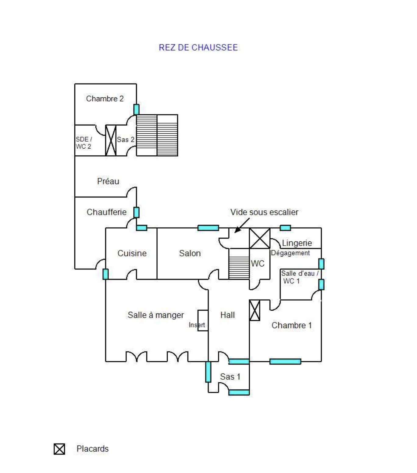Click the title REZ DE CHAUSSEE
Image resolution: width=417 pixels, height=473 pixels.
point(198,48)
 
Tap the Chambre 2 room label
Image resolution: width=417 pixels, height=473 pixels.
point(105,99)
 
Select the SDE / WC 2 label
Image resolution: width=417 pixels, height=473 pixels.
point(84,143)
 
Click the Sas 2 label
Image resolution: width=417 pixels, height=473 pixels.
point(126,140)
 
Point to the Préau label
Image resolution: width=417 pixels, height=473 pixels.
point(108,181)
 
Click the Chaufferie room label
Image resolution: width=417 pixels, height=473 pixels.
point(106,212)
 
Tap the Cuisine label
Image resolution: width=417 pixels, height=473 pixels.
point(132,253)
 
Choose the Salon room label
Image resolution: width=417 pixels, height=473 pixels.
point(190,253)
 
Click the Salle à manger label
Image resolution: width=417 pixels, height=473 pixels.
point(155,315)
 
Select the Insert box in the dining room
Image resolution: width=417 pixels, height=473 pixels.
point(203,320)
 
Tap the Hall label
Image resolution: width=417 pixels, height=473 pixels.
point(227,315)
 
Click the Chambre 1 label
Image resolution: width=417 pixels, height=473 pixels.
point(291,325)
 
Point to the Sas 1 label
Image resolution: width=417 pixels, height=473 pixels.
point(230,377)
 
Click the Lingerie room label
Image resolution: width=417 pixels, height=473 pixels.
point(297,243)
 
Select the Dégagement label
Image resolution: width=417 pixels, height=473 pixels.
point(290,253)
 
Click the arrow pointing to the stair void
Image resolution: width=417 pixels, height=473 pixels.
point(241,226)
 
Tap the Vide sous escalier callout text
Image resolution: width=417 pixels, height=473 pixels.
point(264,212)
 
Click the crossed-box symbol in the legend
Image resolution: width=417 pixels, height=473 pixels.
point(59,449)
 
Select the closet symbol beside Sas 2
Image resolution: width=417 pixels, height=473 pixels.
point(111,140)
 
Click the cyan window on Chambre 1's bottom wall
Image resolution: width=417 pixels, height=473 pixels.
point(285,362)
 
